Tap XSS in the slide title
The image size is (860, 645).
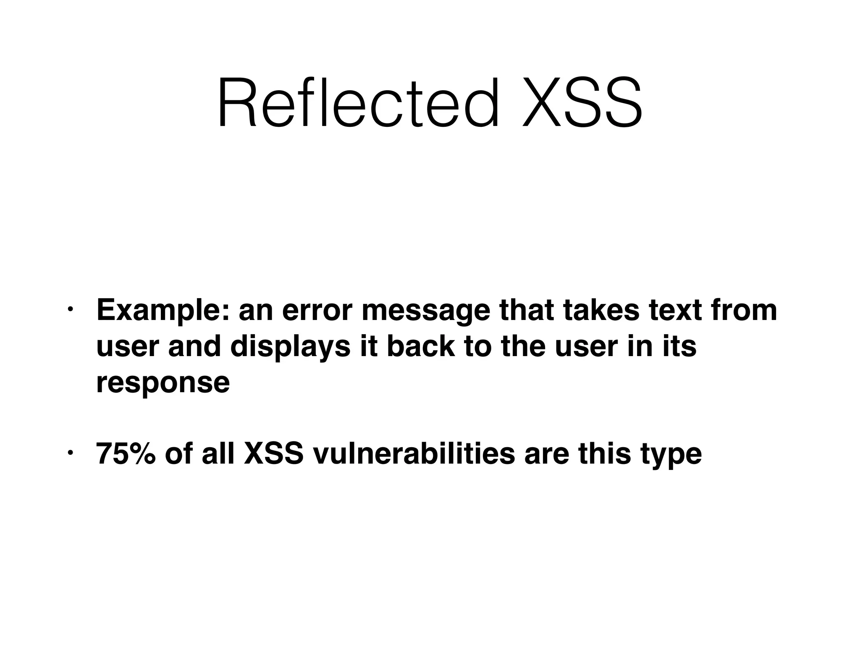[x=582, y=103]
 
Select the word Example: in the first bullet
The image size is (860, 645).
[x=163, y=311]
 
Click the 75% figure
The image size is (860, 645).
[x=124, y=454]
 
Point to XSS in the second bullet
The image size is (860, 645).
[x=273, y=454]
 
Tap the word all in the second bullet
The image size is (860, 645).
[x=218, y=454]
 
